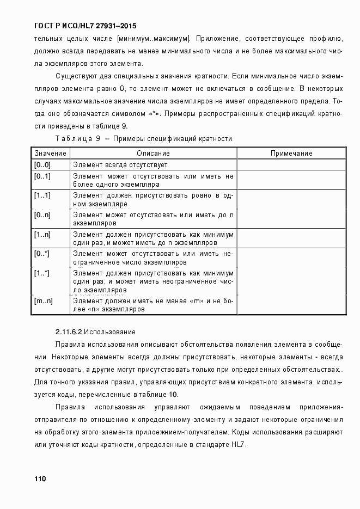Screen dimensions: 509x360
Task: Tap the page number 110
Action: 40,479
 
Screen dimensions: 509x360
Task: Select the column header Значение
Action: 50,154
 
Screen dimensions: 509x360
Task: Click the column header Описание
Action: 153,154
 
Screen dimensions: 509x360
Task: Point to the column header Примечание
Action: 291,154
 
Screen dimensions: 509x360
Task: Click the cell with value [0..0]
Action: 42,165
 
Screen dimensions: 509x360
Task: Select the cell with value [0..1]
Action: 42,176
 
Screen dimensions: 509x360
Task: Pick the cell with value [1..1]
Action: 42,195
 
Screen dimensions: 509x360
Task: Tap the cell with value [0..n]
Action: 42,215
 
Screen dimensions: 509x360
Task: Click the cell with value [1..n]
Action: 42,235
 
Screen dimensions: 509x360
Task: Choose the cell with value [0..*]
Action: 42,254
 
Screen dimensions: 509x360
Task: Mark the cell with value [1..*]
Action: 42,273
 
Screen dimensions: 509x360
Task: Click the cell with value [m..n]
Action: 43,301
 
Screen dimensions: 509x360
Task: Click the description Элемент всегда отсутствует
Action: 120,165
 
